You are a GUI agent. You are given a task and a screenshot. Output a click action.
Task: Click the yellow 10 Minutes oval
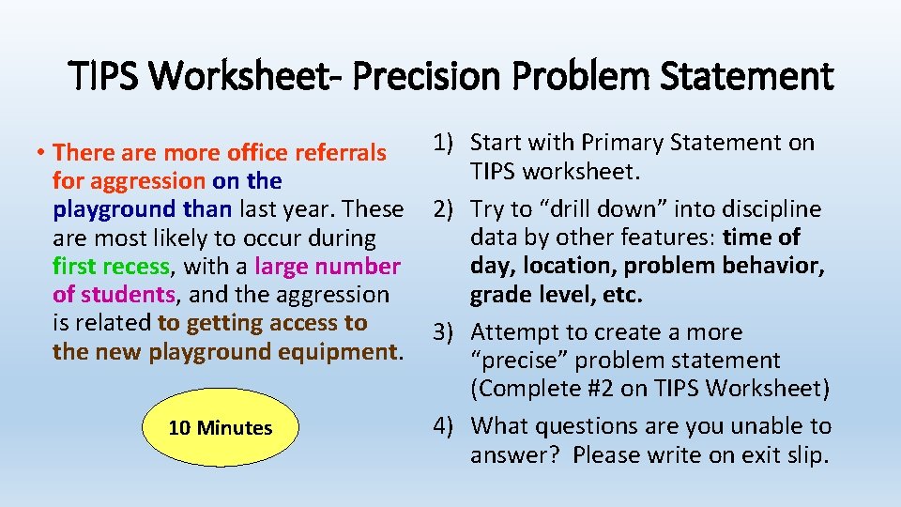pos(221,428)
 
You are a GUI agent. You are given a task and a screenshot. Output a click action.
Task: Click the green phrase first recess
pos(112,267)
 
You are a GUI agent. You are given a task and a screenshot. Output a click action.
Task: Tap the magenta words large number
pos(327,267)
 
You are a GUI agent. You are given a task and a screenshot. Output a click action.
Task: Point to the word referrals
pos(341,152)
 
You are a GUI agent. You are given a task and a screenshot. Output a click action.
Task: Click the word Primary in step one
pos(616,143)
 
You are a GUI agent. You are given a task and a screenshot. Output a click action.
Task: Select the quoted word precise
pos(519,361)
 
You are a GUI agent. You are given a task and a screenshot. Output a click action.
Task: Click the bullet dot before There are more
pos(43,153)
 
